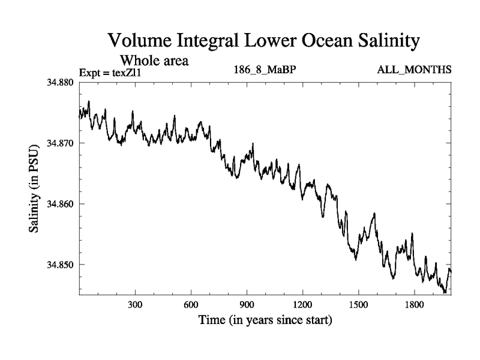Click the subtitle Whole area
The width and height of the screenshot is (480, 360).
[155, 60]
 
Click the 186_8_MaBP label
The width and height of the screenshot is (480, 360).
[265, 71]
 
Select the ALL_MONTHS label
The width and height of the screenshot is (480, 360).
[414, 71]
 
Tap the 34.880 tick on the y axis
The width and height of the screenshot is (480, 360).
[60, 82]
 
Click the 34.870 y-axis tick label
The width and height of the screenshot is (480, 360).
[60, 143]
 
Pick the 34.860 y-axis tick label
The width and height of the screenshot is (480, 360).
[60, 204]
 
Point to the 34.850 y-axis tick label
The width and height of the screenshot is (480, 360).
[60, 265]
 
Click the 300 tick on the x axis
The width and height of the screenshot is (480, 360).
[135, 304]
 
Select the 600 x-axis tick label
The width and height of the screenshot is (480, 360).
[191, 304]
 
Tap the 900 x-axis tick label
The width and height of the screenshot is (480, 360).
[247, 304]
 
